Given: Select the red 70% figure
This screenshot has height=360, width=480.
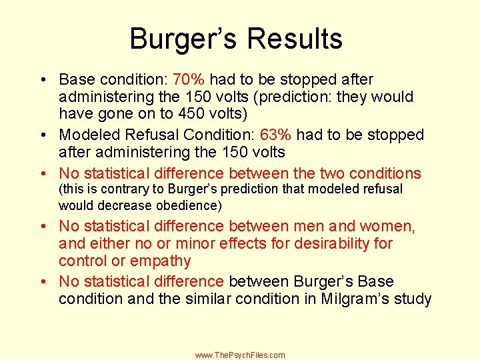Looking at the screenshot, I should [187, 79].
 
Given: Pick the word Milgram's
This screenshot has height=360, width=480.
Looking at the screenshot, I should [355, 299].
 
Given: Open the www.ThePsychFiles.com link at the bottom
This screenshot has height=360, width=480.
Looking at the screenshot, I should [240, 355].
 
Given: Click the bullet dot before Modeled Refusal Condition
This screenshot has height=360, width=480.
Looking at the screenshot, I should [41, 135].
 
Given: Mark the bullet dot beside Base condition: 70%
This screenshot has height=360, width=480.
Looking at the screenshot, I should [41, 80].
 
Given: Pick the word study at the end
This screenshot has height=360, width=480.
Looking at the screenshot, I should [413, 299].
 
